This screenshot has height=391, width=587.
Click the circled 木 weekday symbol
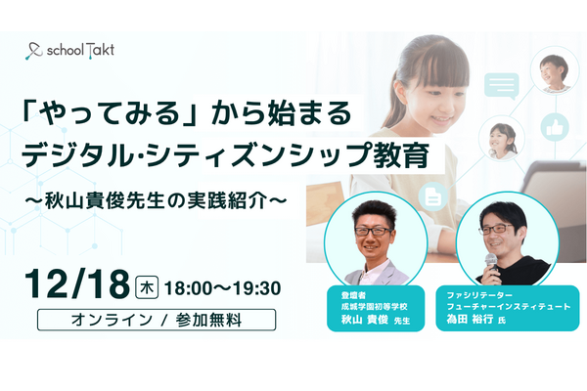point(148,285)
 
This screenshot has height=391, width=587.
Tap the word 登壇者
point(349,291)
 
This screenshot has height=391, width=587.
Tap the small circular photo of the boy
point(554,71)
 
